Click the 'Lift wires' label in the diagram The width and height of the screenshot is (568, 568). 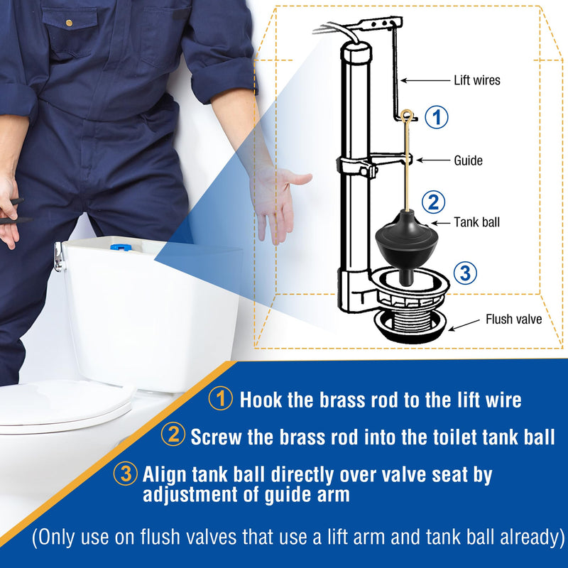[476, 80]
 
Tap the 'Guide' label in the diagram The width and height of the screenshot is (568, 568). [468, 160]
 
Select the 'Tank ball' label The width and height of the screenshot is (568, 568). [476, 222]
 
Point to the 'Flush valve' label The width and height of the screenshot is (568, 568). [513, 319]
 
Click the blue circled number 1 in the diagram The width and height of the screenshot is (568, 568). [437, 117]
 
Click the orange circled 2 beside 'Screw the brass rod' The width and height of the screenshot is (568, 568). [173, 435]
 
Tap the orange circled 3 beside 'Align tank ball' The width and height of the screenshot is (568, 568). [126, 474]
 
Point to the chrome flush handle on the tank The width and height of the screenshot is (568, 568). [59, 258]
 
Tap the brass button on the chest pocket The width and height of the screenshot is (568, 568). [69, 23]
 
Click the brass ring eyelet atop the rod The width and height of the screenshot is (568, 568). [408, 114]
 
